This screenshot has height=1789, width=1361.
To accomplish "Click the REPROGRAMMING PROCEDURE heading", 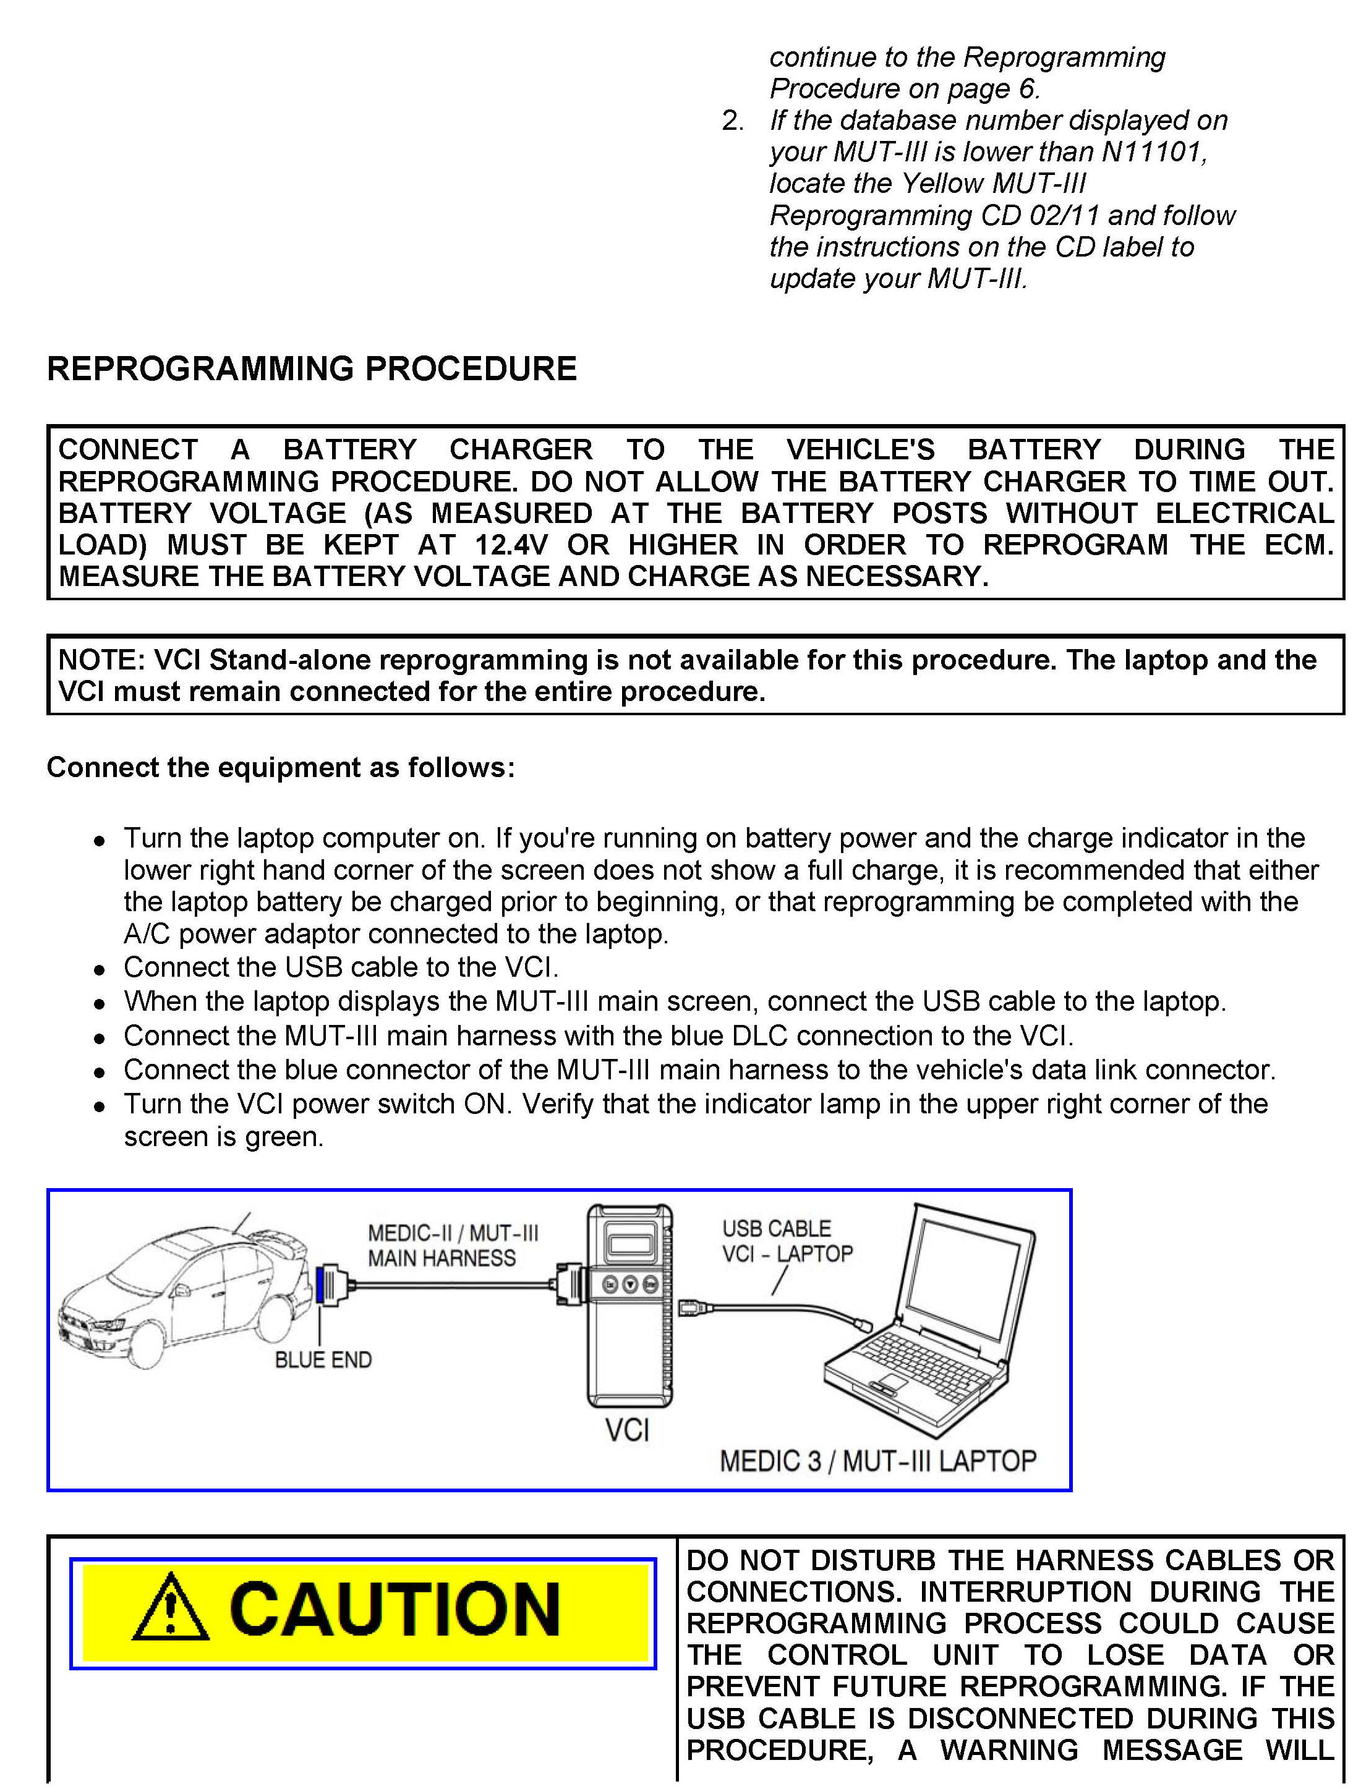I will tap(312, 369).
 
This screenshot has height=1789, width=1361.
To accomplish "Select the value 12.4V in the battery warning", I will tap(511, 545).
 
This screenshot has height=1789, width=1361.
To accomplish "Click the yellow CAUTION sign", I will tap(363, 1612).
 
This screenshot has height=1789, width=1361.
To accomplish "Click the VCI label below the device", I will tap(627, 1430).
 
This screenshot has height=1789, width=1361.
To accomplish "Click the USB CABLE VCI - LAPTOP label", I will tap(787, 1241).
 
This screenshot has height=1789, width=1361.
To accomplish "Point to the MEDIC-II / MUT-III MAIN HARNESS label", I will tap(442, 1246).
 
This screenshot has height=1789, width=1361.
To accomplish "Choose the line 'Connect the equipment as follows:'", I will tap(280, 767).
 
